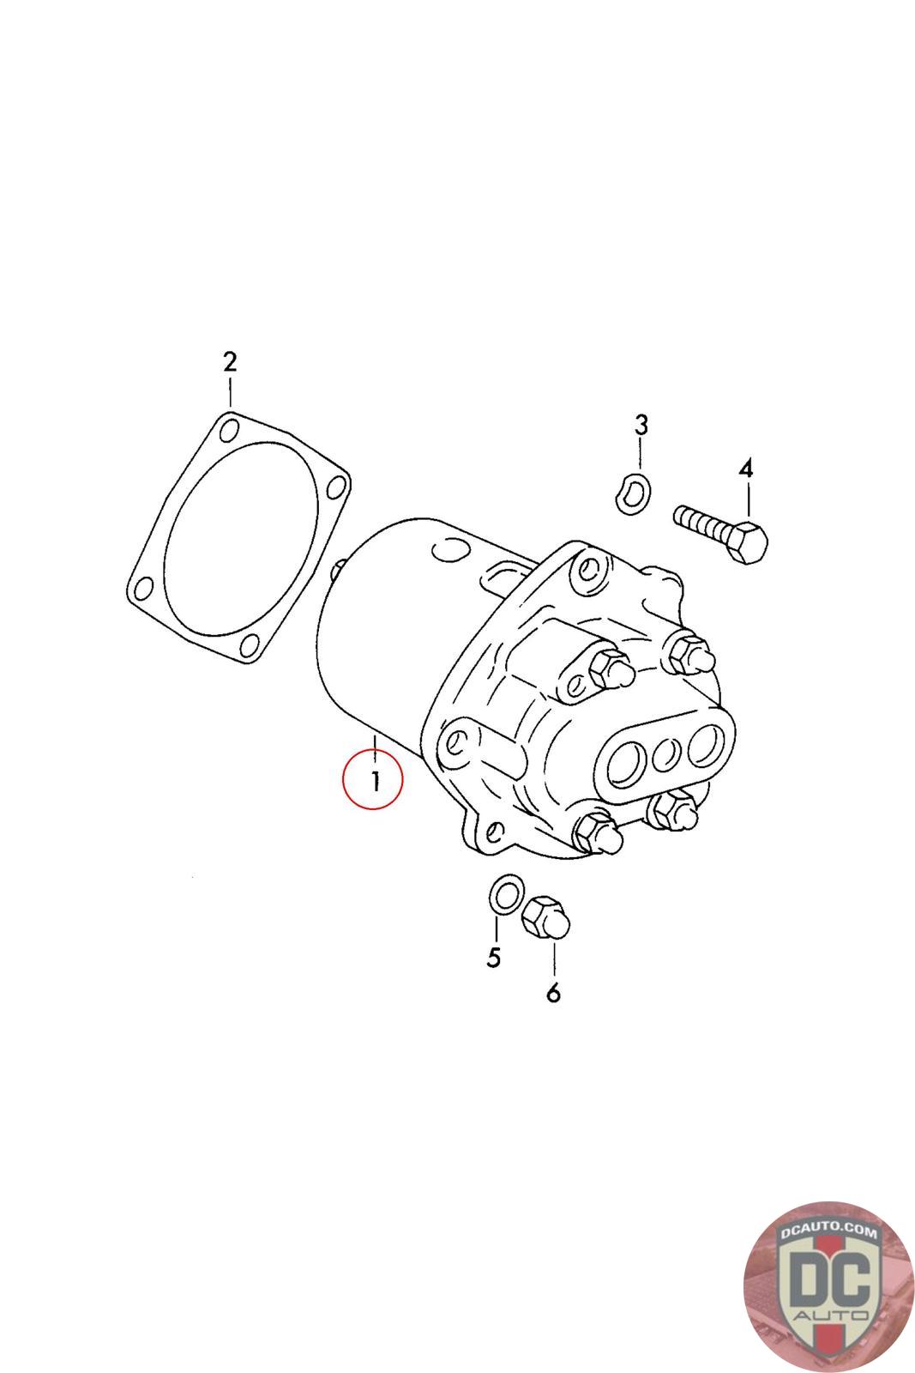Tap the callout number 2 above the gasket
point(230,361)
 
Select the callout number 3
point(640,424)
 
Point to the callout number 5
point(493,957)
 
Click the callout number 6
point(553,992)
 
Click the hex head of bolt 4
point(749,541)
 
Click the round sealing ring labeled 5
point(504,895)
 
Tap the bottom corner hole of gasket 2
point(250,645)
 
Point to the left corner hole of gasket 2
point(141,589)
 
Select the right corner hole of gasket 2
point(336,488)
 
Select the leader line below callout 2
point(230,390)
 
